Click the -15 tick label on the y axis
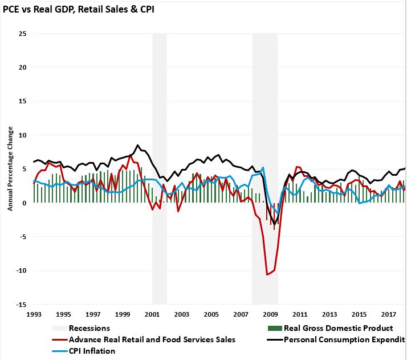coord(22,304)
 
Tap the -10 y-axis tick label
coord(22,270)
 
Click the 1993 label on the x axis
coord(34,314)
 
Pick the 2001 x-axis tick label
coord(152,314)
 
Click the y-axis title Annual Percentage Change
coord(10,169)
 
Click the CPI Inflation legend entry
coord(92,351)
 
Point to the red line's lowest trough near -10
coord(267,275)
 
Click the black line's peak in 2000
coord(137,145)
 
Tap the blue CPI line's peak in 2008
coord(263,168)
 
